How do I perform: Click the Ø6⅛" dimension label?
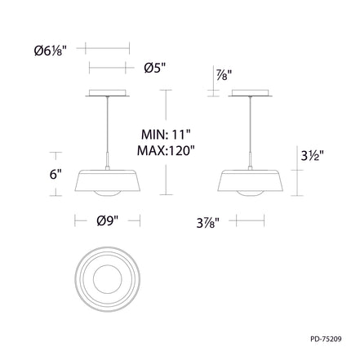(51, 51)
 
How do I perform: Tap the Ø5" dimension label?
(155, 68)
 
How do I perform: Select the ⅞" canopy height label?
(224, 75)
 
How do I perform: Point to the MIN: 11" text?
(166, 135)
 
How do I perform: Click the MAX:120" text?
(166, 150)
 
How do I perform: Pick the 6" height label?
(56, 174)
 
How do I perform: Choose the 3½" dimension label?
(312, 156)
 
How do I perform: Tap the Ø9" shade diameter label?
(108, 220)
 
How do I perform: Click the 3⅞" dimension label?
(208, 223)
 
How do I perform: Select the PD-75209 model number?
(326, 339)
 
